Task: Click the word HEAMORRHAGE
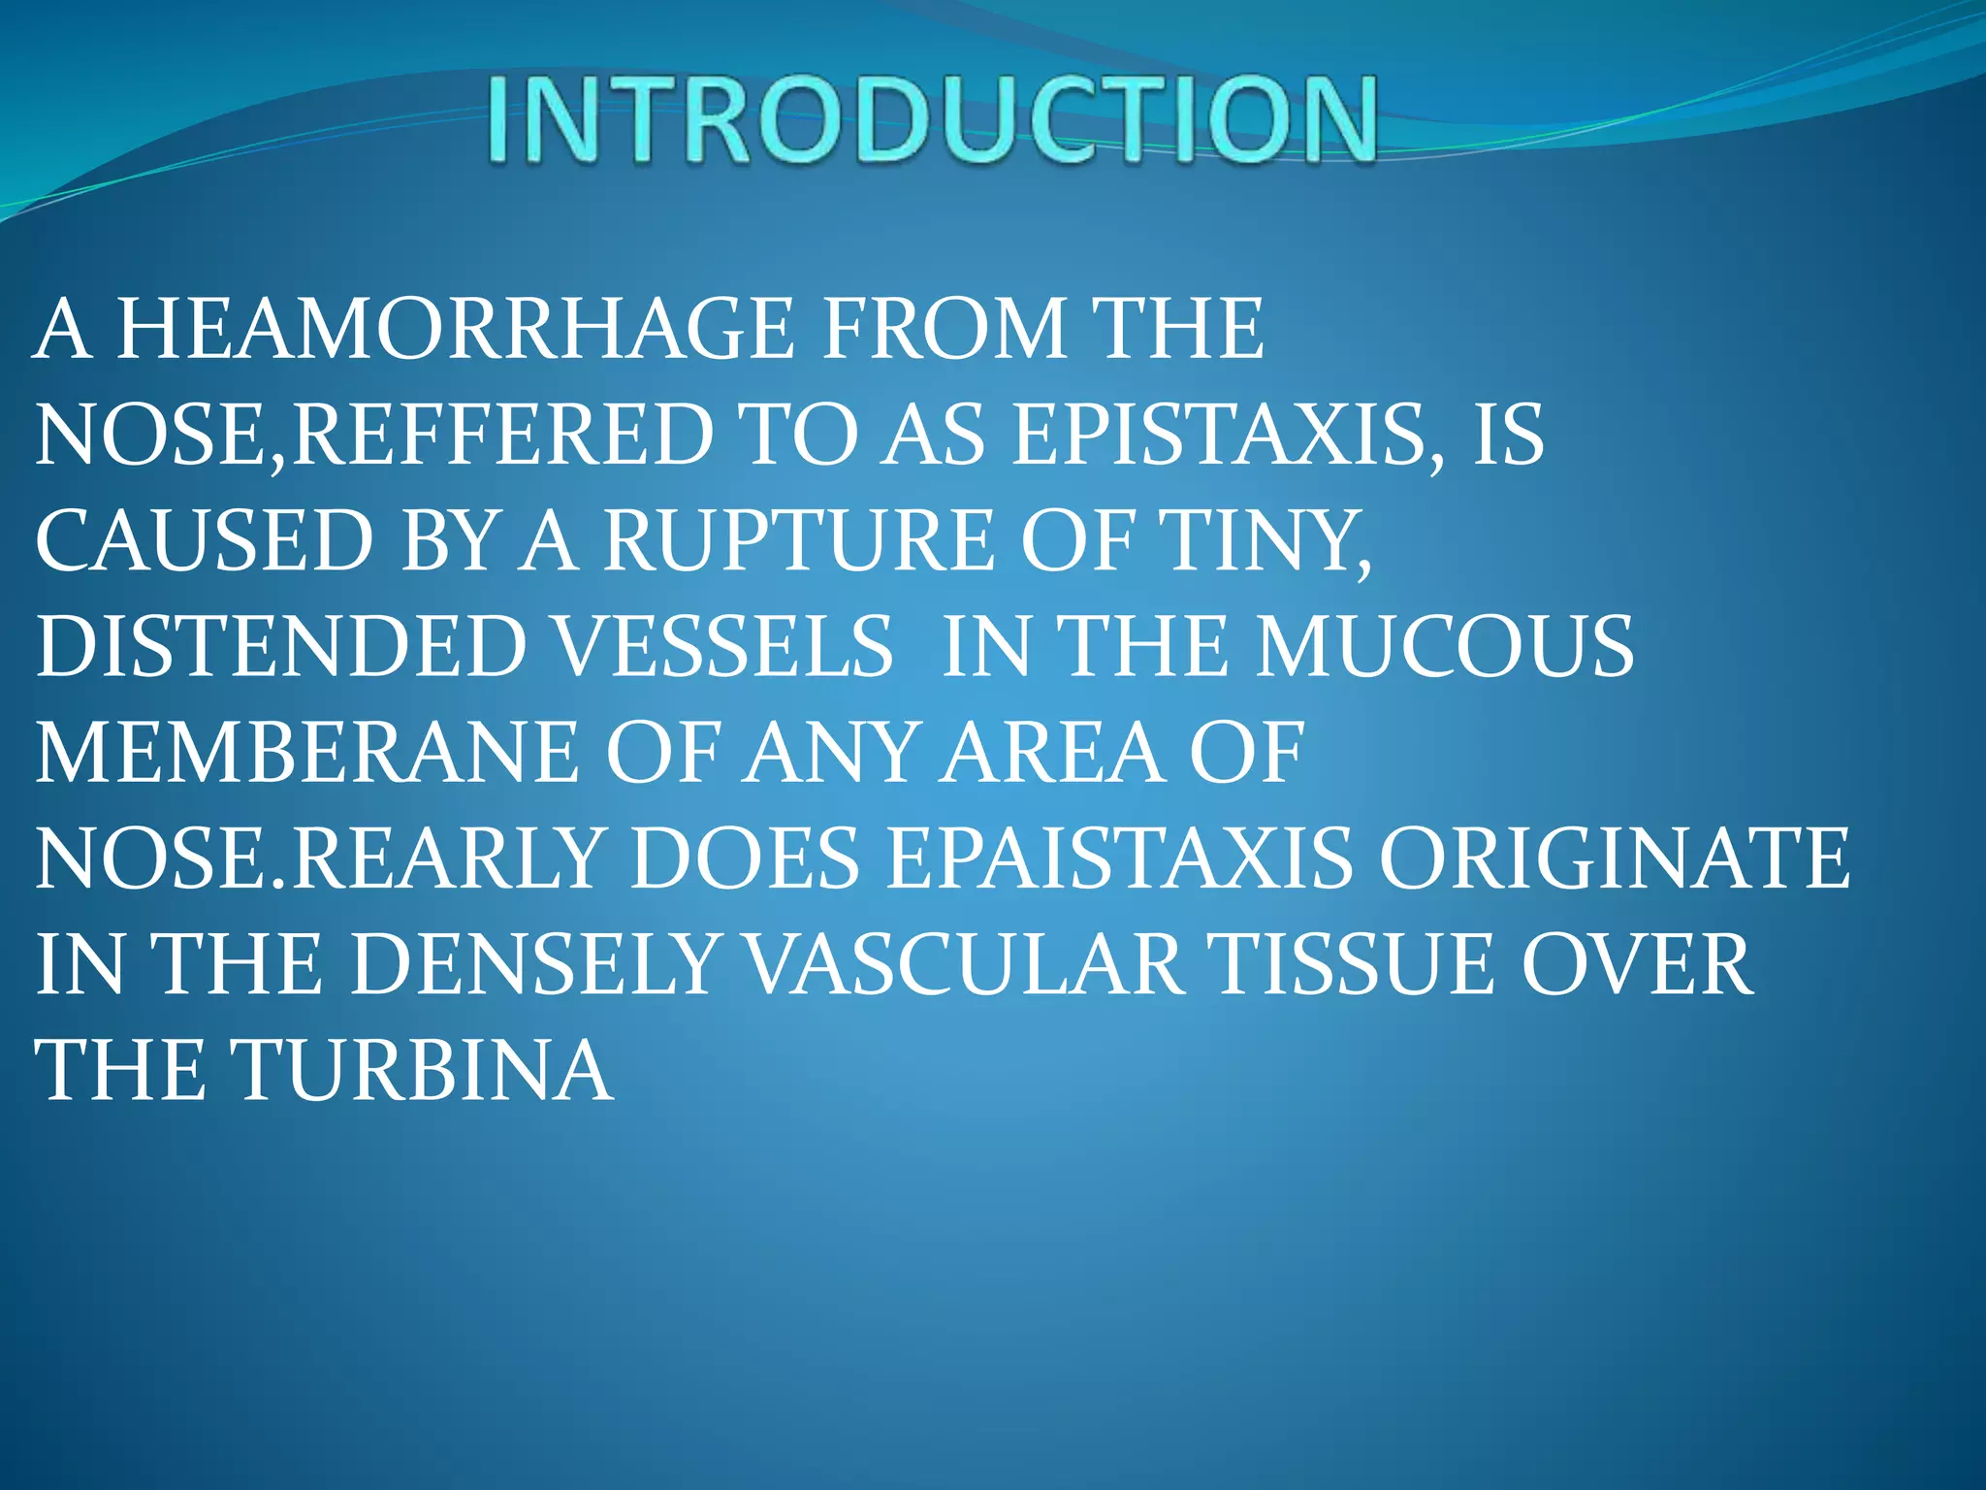(455, 330)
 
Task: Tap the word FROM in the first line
(944, 330)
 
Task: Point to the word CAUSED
(204, 541)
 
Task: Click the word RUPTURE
(798, 541)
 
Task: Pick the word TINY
(1266, 541)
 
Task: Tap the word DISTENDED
(281, 647)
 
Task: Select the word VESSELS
(724, 647)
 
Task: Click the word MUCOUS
(1445, 647)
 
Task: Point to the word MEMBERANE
(306, 753)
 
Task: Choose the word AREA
(1051, 753)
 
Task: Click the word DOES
(745, 858)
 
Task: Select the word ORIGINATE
(1614, 858)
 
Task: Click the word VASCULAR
(964, 964)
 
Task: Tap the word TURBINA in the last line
(425, 1070)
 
